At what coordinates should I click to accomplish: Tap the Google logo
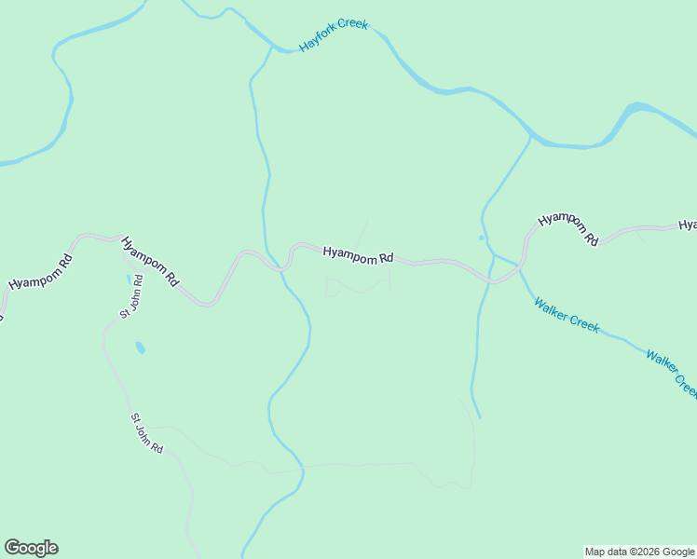click(x=31, y=548)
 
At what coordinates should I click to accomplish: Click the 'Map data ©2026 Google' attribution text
click(x=639, y=552)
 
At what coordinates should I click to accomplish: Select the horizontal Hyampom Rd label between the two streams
click(x=359, y=253)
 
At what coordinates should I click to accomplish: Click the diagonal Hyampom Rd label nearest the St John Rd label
click(x=149, y=261)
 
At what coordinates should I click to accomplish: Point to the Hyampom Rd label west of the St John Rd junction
click(x=39, y=270)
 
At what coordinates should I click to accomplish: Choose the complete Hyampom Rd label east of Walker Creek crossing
click(x=567, y=229)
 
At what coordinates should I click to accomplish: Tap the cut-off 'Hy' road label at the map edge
click(x=688, y=225)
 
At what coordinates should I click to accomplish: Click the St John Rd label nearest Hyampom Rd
click(x=131, y=296)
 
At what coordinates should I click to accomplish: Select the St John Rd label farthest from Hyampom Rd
click(x=146, y=434)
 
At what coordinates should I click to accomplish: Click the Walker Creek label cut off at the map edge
click(x=671, y=373)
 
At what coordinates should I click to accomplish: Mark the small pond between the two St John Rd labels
click(x=140, y=348)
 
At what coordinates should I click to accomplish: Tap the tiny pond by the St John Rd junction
click(x=129, y=278)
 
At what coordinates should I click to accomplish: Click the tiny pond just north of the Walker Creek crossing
click(x=482, y=238)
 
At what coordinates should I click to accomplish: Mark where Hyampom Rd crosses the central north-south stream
click(x=280, y=268)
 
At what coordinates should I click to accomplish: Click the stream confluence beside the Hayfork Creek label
click(x=271, y=45)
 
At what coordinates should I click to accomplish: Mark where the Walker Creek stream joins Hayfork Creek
click(x=532, y=138)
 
